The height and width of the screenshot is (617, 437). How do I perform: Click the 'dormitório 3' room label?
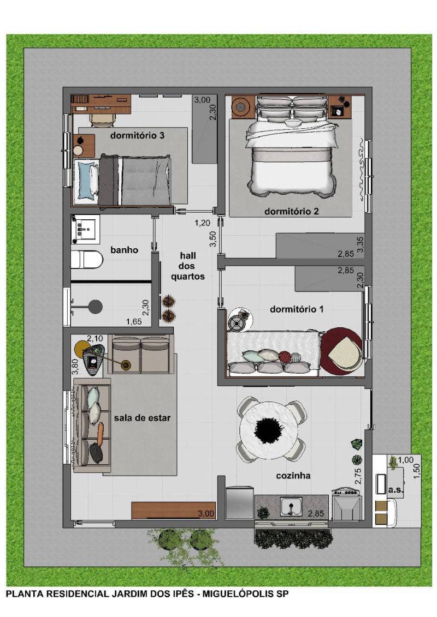(x=137, y=136)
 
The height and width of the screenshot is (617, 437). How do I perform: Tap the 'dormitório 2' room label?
(x=292, y=211)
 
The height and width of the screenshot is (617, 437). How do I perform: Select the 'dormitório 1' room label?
(x=297, y=309)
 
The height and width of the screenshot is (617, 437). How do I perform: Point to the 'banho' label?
(x=124, y=250)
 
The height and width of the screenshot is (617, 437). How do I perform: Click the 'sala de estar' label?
(x=142, y=418)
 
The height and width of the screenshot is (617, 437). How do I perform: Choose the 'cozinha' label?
(x=293, y=476)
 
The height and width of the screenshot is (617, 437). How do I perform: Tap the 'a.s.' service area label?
(x=395, y=490)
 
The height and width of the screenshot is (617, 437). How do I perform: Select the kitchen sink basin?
(x=291, y=506)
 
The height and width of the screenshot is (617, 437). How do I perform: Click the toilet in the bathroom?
(x=87, y=260)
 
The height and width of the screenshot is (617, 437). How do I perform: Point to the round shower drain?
(x=96, y=307)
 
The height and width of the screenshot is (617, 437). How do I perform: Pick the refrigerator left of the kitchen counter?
(x=240, y=503)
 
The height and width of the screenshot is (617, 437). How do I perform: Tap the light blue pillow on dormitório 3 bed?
(x=85, y=180)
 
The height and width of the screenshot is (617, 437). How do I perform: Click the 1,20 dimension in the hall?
(x=203, y=223)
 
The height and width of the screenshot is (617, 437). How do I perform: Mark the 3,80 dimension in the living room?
(x=75, y=367)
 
